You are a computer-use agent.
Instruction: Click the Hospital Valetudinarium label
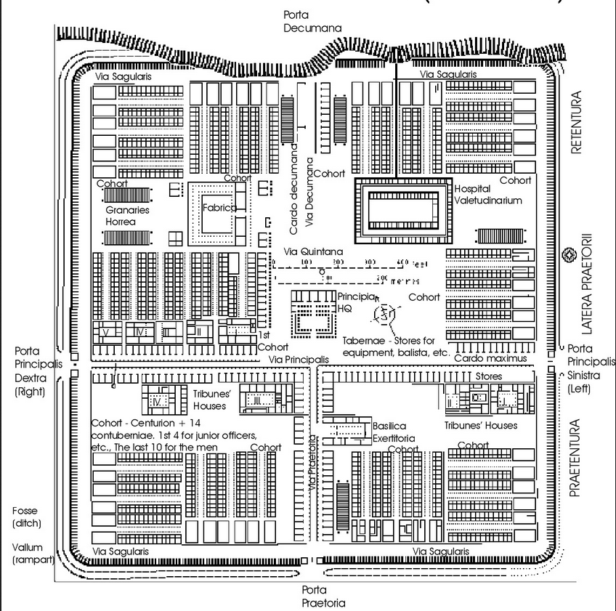[x=487, y=194]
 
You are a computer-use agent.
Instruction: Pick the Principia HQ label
[x=355, y=302]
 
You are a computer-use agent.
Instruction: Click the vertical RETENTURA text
[x=578, y=124]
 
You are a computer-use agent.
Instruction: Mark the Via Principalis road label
[x=299, y=360]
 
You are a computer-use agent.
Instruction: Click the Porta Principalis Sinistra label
[x=588, y=371]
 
